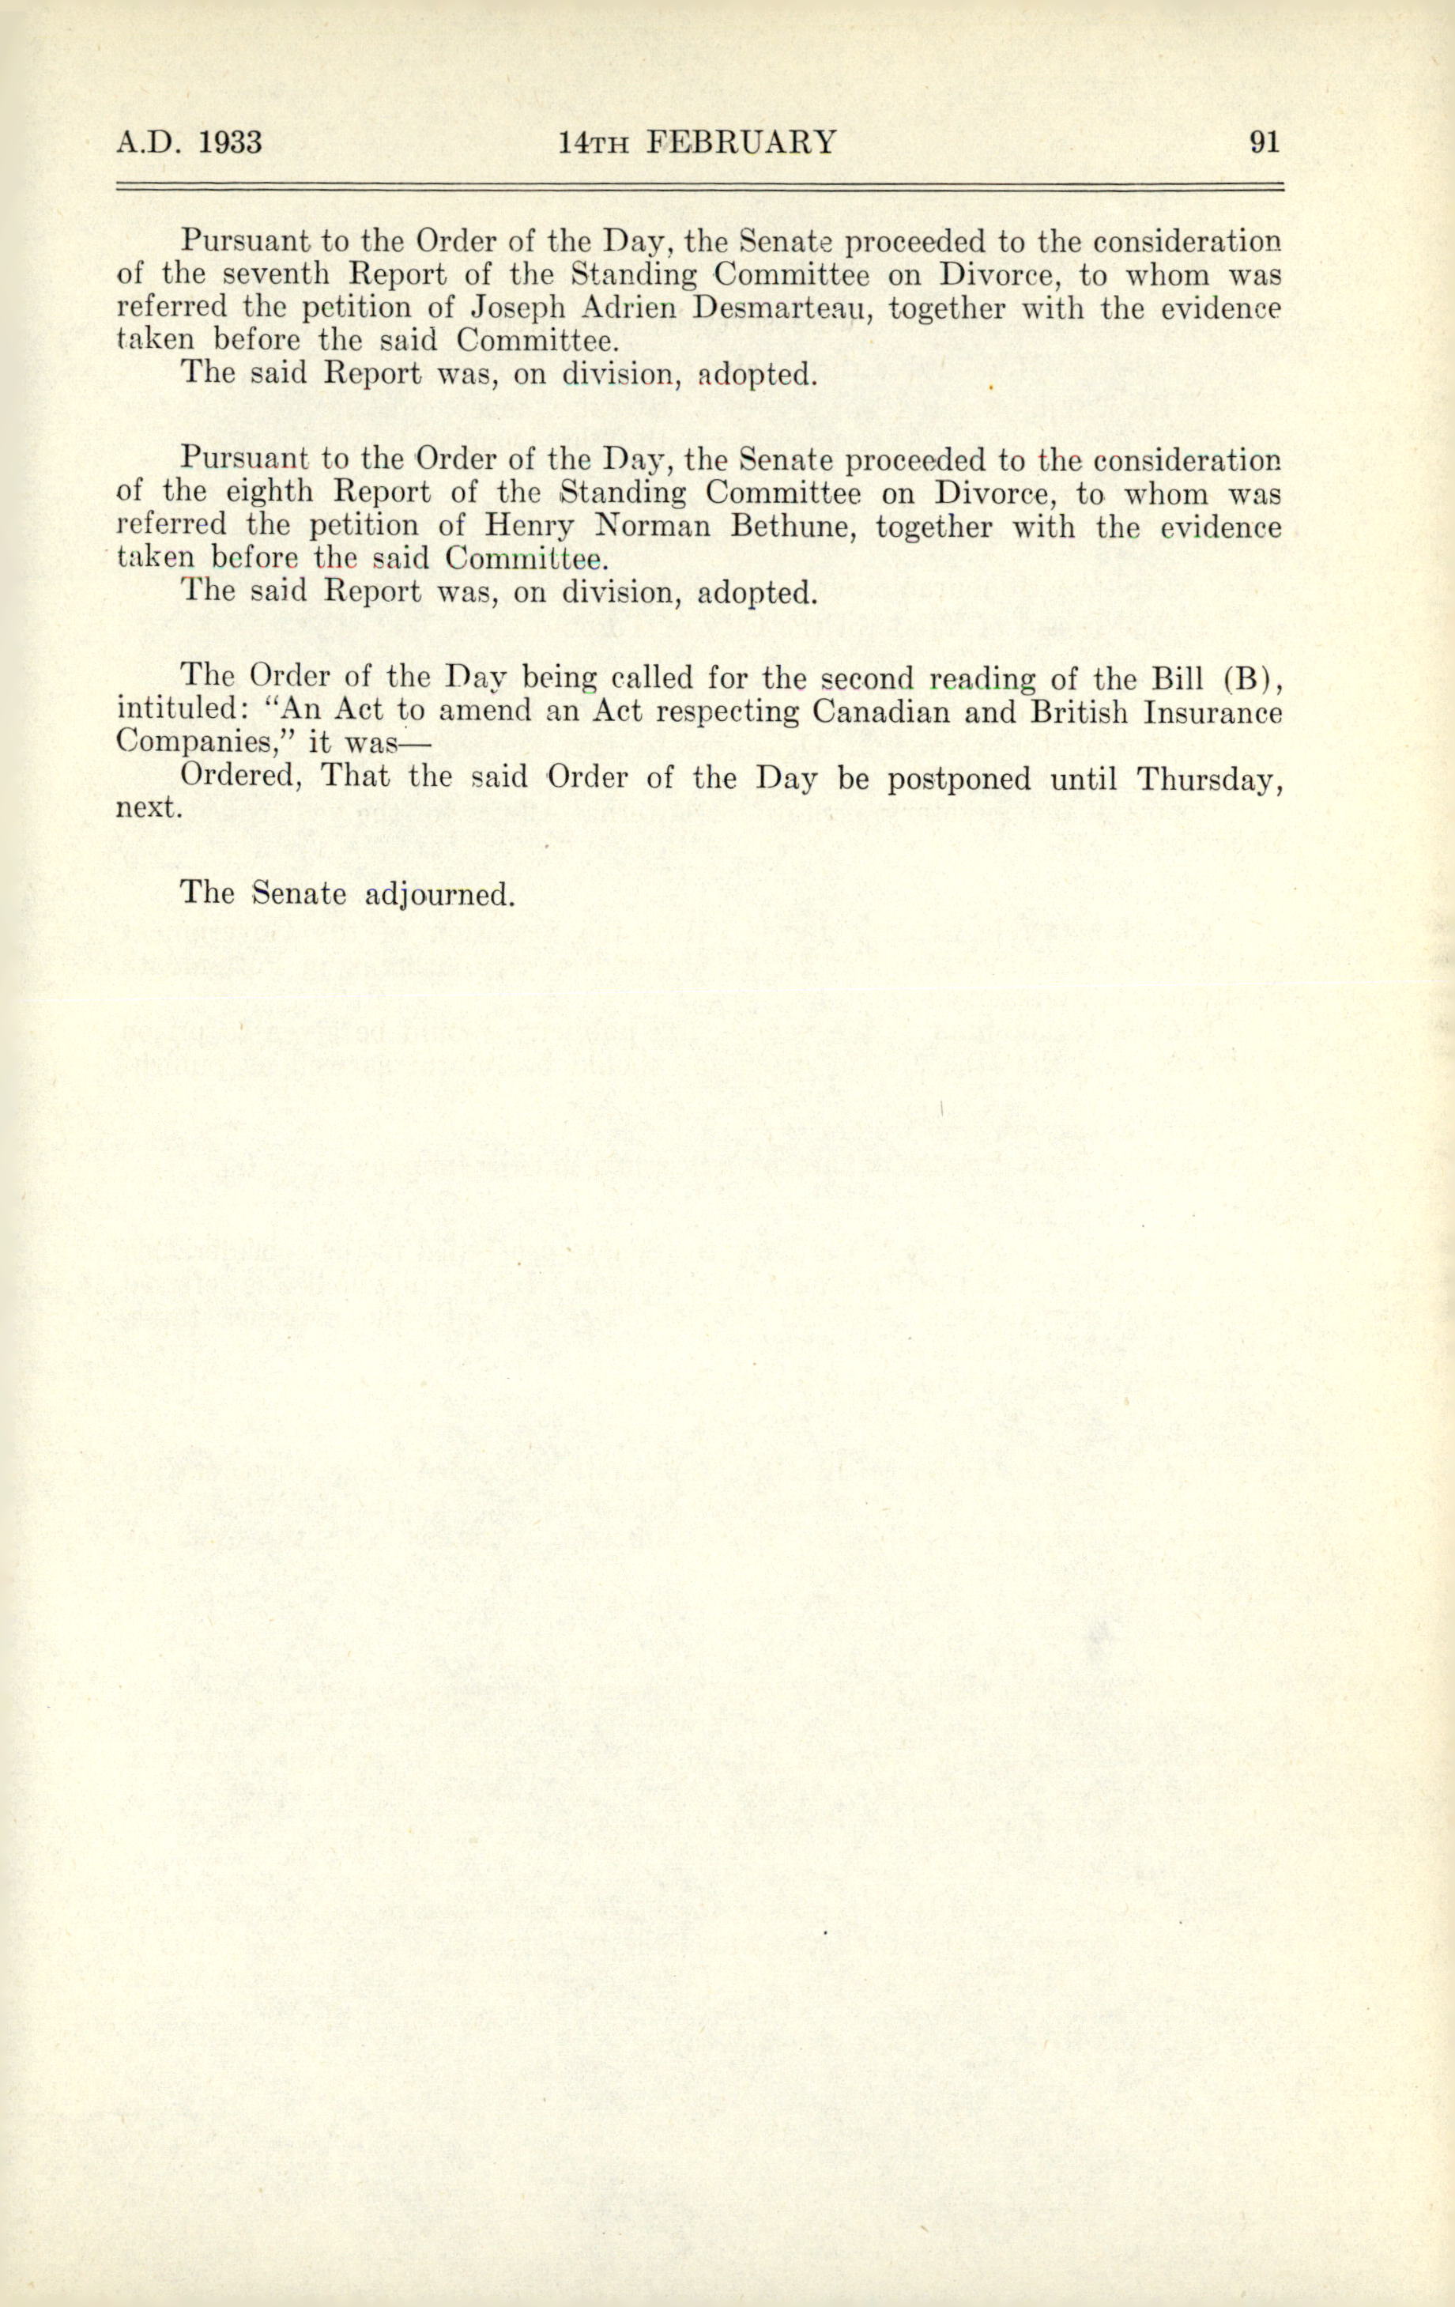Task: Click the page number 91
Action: (x=1264, y=143)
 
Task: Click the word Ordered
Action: (x=243, y=778)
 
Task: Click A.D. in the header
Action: (x=146, y=143)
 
